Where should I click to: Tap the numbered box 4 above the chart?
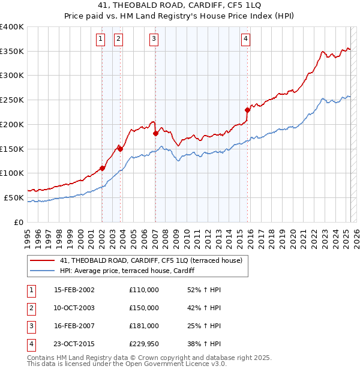coord(246,40)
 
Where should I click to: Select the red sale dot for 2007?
coord(155,133)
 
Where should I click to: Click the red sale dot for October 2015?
coord(247,109)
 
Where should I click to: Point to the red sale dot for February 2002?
coord(102,168)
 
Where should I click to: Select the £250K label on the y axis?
coord(12,100)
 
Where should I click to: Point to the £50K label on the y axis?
coord(14,197)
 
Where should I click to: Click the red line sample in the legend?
coord(42,260)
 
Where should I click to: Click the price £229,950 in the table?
coord(144,344)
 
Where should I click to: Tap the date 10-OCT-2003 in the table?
coord(74,308)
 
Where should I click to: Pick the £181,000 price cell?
coord(144,326)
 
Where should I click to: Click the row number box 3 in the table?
coord(30,326)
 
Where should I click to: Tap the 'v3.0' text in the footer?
coord(217,364)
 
